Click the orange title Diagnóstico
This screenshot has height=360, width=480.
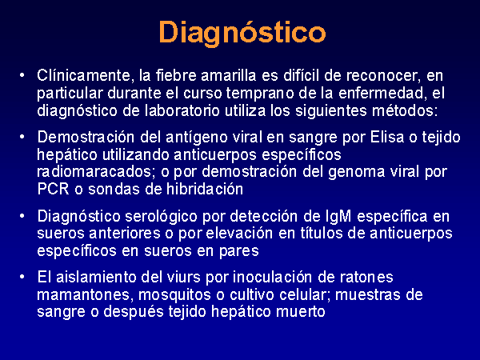click(x=242, y=33)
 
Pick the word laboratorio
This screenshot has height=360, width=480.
click(x=182, y=110)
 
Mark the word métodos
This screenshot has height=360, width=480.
click(x=405, y=110)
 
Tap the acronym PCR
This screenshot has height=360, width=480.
click(x=53, y=189)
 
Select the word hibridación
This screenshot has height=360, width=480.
click(x=205, y=189)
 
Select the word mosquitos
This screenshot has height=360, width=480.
click(x=174, y=295)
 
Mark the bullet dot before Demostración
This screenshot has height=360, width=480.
click(x=22, y=137)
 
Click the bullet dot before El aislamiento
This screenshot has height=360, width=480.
click(x=22, y=277)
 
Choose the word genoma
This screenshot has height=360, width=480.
click(x=356, y=172)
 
